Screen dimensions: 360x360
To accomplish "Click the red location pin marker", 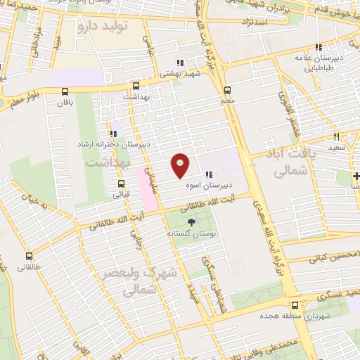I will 181,165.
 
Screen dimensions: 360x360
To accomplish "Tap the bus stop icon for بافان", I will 65,91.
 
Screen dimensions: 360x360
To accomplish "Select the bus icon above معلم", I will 227,90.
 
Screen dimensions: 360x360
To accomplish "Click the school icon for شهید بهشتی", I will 179,62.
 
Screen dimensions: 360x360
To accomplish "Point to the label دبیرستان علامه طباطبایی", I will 319,63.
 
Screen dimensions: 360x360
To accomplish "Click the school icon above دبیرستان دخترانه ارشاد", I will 112,134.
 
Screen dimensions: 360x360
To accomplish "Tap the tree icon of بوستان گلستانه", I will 192,221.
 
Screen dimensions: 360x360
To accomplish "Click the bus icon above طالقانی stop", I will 30,257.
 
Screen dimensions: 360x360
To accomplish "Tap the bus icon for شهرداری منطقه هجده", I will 295,305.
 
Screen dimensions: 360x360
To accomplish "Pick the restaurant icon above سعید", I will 336,136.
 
